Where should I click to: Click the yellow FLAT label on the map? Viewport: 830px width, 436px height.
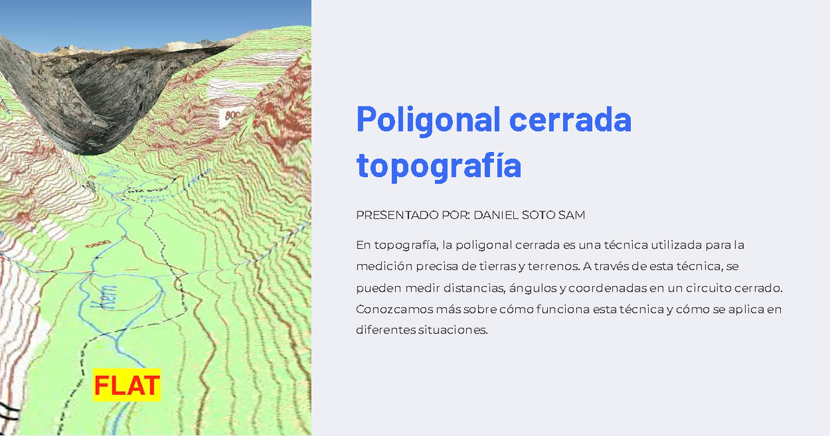point(127,385)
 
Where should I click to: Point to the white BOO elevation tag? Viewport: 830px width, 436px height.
point(231,116)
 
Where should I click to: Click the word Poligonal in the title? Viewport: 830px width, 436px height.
point(427,120)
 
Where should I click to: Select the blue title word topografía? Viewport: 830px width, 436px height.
point(438,166)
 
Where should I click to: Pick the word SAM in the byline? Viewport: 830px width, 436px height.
point(574,216)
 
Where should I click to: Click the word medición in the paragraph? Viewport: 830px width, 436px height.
point(379,266)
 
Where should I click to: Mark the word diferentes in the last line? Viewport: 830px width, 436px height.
point(385,330)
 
